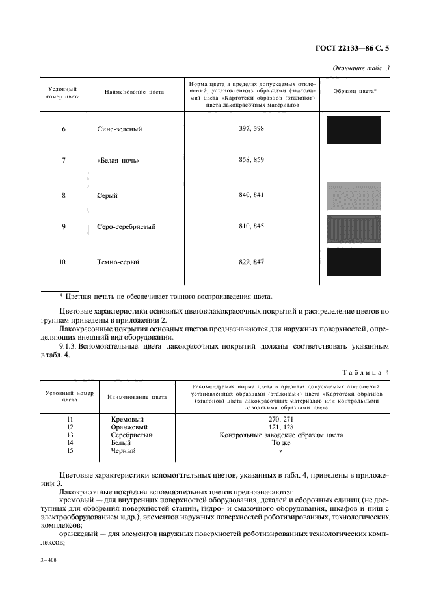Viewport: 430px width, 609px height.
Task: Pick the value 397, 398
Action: point(251,129)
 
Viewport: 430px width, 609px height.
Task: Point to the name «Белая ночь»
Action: point(118,160)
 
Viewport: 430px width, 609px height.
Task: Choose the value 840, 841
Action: point(251,195)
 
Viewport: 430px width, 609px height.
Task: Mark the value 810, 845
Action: point(251,227)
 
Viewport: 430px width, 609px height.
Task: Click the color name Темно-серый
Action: point(117,262)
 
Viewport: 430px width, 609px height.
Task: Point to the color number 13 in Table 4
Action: point(70,435)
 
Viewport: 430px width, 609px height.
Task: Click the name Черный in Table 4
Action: point(125,450)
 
